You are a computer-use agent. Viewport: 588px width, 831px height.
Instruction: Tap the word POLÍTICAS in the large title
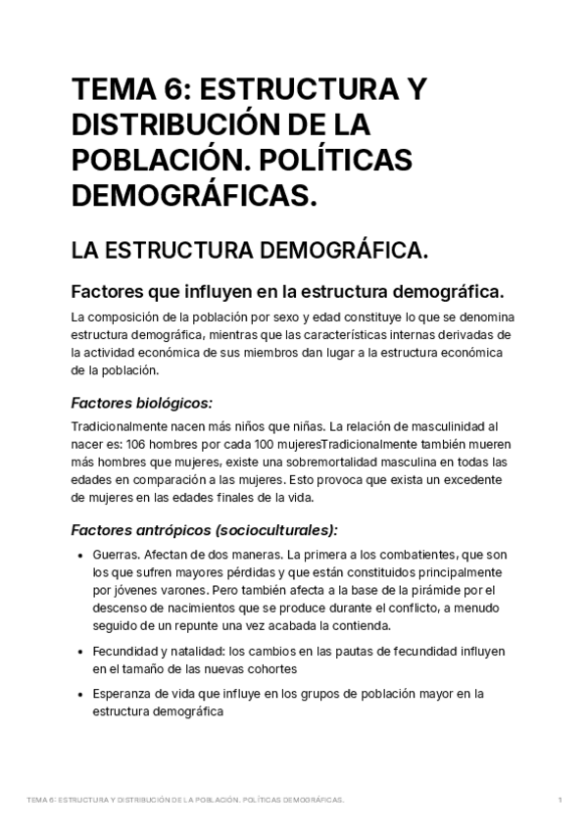(330, 161)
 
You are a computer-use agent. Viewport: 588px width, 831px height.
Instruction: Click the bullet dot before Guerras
(77, 555)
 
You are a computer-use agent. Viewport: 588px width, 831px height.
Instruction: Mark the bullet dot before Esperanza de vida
(77, 695)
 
